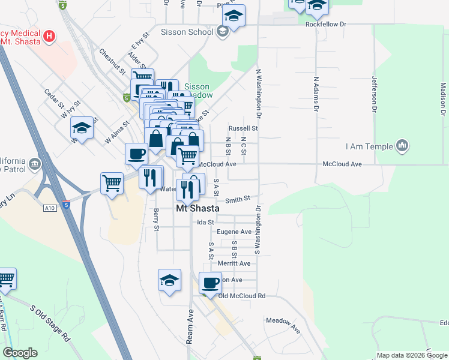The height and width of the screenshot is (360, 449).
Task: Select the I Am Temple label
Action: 369,146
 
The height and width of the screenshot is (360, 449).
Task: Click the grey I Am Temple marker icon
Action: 402,145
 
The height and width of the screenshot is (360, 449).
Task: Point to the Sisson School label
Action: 187,32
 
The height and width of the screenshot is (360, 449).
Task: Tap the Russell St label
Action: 243,128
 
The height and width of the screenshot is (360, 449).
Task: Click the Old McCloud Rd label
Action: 242,296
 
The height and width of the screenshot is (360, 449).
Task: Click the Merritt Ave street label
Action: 234,263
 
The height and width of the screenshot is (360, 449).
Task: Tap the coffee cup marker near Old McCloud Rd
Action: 210,282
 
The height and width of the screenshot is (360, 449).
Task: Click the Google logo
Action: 20,353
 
